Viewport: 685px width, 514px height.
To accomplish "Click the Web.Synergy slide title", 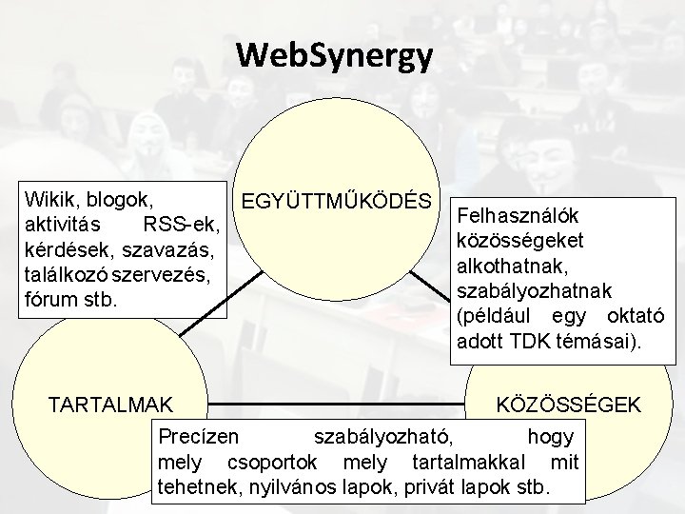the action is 336,55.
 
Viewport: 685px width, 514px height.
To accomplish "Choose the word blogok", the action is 123,200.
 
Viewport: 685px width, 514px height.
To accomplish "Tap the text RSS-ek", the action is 181,226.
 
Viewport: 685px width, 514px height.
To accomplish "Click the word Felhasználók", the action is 520,216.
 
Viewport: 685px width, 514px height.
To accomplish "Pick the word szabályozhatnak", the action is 535,290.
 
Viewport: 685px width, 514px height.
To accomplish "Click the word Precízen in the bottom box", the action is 199,437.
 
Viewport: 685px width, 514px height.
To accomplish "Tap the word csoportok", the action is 266,464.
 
